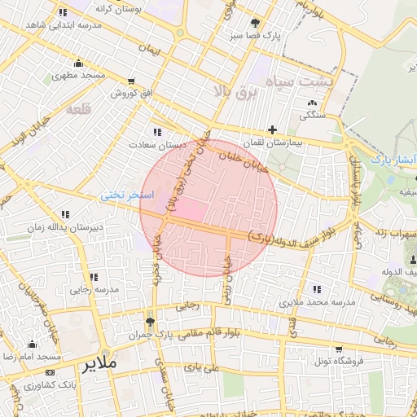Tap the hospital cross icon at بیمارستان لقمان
tap(272, 129)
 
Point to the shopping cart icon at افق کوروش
tap(131, 81)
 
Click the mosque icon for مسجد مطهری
tap(78, 64)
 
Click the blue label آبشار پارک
tap(394, 160)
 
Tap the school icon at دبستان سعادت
tap(156, 132)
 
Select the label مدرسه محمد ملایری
tap(318, 301)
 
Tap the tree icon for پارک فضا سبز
tap(257, 23)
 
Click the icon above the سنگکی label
tap(313, 103)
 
